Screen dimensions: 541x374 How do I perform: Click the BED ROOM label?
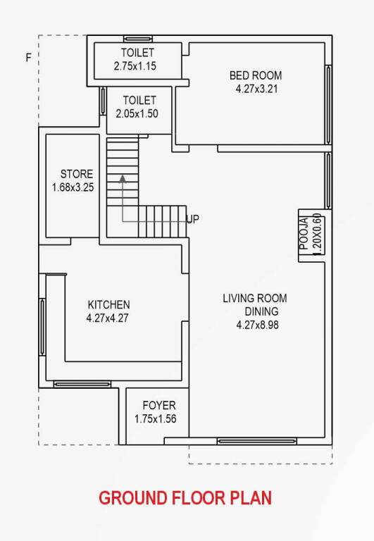point(256,76)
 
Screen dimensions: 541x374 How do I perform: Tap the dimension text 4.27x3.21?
point(256,89)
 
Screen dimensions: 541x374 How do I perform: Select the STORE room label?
point(76,174)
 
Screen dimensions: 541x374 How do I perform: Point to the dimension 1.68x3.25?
point(73,187)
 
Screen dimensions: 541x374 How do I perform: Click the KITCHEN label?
point(108,304)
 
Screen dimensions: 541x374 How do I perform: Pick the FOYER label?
point(159,406)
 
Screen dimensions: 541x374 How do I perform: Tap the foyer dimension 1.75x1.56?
point(156,419)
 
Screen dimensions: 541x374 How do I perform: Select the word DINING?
point(261,311)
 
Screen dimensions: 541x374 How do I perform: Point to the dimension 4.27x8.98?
point(258,325)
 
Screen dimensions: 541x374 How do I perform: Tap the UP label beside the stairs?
point(192,219)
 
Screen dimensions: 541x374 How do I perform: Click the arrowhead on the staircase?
point(123,180)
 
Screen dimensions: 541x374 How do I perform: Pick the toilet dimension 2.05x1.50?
point(137,113)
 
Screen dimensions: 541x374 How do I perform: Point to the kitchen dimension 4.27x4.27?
point(108,318)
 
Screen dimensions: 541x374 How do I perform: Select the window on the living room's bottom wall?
point(246,441)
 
